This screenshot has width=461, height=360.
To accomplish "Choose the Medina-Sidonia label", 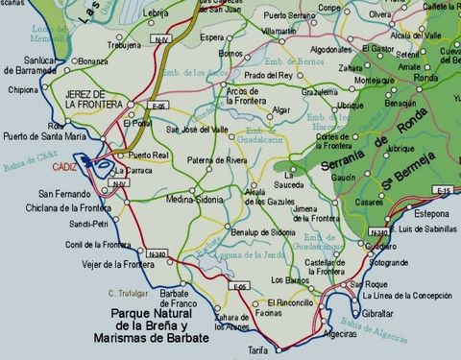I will click(x=193, y=201).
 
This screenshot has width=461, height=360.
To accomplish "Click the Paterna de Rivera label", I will click(x=219, y=160).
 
